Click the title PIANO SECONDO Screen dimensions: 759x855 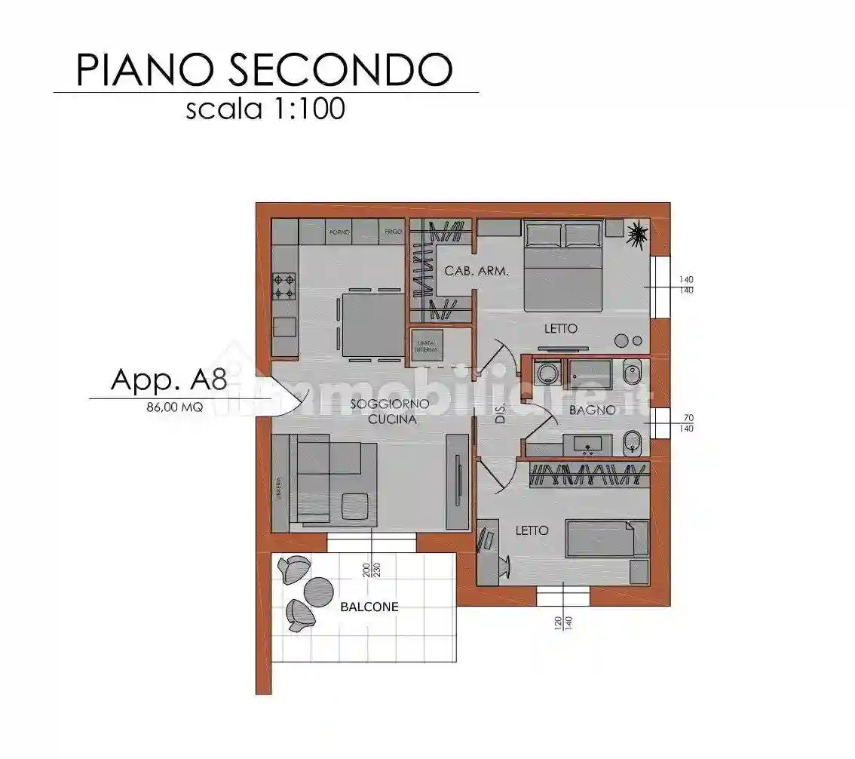tap(264, 69)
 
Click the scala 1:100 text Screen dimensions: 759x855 tap(265, 109)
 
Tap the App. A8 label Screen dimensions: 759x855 tap(168, 379)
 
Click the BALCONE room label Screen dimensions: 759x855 tap(369, 606)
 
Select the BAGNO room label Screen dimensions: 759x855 tap(592, 410)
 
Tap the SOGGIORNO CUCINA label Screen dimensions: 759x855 tap(389, 412)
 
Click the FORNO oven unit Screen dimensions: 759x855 tap(339, 231)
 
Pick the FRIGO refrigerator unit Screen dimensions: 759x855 tap(392, 231)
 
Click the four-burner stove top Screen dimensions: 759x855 tap(284, 286)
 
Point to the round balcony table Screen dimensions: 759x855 tap(319, 591)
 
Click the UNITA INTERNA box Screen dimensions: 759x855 tap(427, 346)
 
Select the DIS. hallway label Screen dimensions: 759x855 tap(501, 413)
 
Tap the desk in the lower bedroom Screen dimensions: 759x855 tap(488, 552)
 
